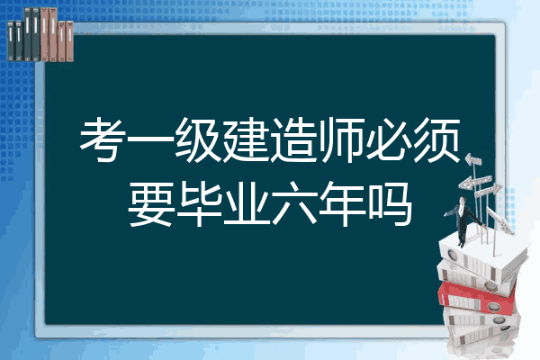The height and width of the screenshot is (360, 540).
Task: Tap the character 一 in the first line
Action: [x=151, y=140]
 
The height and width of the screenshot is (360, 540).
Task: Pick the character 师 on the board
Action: [x=341, y=139]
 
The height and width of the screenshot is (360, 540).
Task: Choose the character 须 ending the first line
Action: [x=436, y=139]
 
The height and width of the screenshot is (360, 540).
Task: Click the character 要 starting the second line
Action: [x=151, y=204]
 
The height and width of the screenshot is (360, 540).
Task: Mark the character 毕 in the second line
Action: [x=199, y=204]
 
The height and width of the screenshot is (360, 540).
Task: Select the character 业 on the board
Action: [x=247, y=204]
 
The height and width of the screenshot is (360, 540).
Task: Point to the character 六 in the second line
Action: [x=293, y=204]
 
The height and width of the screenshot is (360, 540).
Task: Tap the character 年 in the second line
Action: [x=341, y=204]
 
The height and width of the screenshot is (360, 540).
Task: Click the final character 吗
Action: [x=389, y=204]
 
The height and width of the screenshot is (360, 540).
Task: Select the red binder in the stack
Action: [x=477, y=297]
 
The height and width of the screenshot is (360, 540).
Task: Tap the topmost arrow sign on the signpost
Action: [x=473, y=160]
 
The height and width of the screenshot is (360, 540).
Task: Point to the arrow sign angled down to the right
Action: [x=499, y=220]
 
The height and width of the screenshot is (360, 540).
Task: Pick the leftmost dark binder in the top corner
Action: [x=11, y=40]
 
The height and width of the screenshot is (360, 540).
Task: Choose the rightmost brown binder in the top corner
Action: [x=70, y=41]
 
